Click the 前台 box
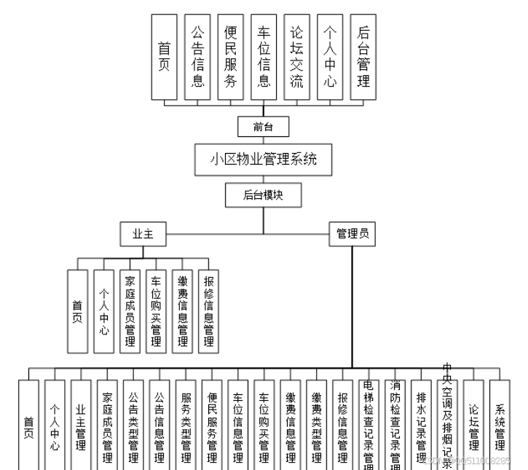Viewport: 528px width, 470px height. (x=263, y=127)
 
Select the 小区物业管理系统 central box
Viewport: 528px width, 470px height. (x=263, y=159)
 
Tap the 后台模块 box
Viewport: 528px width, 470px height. (x=263, y=194)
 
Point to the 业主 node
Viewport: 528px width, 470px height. (x=143, y=234)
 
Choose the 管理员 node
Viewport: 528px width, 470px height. (x=352, y=234)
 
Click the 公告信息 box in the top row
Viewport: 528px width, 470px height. (x=197, y=57)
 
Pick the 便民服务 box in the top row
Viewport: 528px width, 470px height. (x=230, y=57)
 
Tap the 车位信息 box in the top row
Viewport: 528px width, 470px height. (x=264, y=57)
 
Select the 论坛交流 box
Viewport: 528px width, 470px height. (x=296, y=57)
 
